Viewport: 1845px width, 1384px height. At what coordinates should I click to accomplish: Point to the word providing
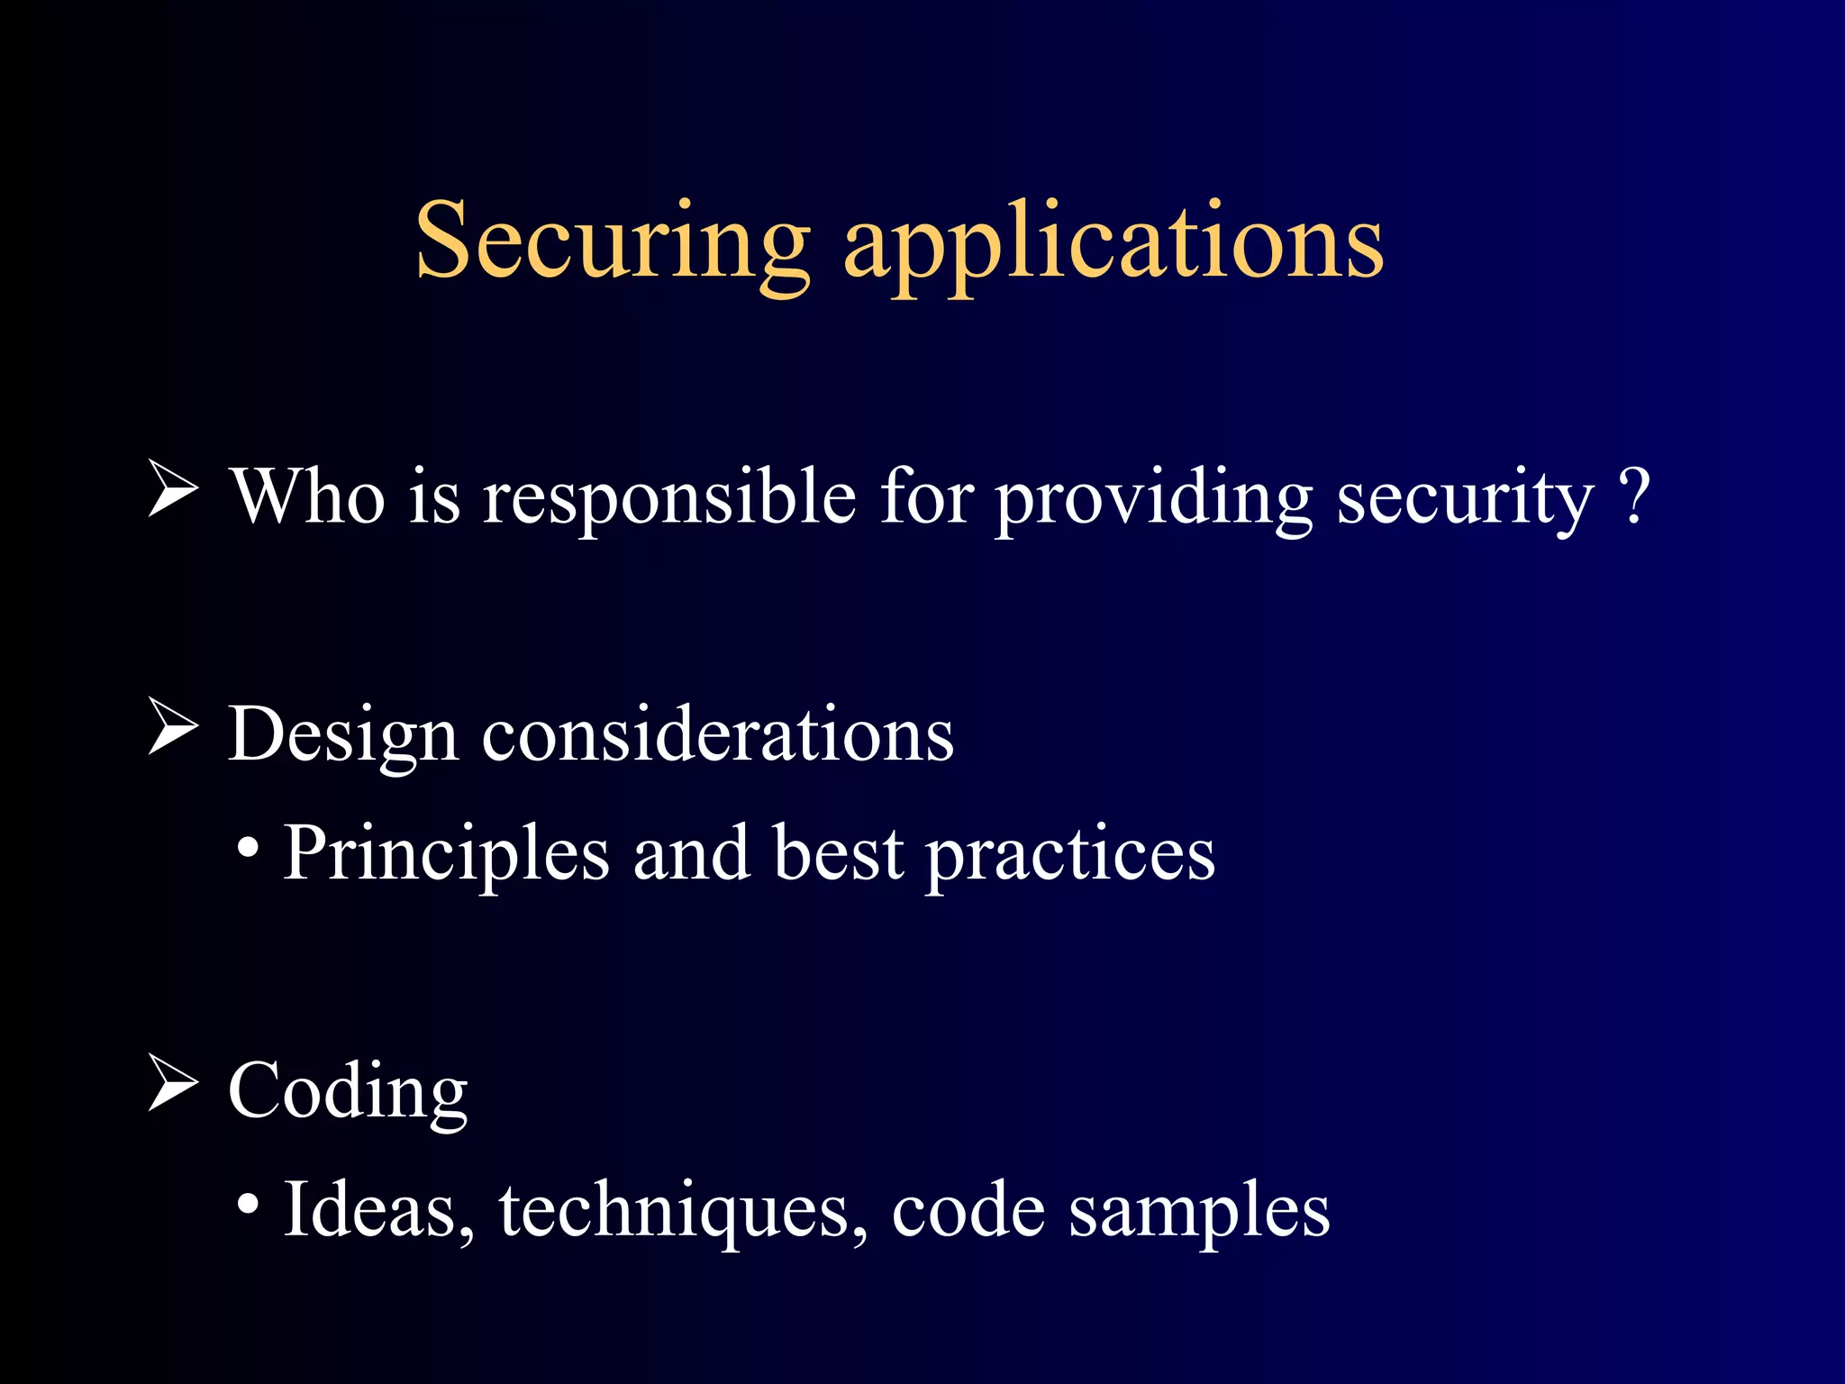click(1154, 498)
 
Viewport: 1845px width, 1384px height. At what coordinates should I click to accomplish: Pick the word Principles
click(447, 854)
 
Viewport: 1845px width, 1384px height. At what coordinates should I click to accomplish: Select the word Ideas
click(379, 1210)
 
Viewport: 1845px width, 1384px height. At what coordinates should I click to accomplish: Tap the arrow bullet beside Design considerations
click(172, 727)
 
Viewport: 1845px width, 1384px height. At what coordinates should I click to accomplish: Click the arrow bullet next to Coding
click(172, 1083)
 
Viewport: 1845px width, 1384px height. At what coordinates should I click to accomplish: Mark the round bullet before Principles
click(249, 848)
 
